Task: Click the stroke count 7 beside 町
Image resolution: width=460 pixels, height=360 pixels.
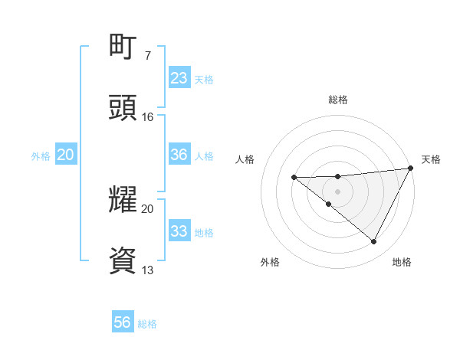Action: (148, 56)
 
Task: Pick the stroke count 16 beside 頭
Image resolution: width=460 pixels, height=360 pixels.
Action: (148, 117)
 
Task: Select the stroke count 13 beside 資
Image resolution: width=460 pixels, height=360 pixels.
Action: (148, 270)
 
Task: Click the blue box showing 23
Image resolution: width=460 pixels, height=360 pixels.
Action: (179, 78)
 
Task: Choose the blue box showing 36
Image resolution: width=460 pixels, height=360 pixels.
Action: (179, 155)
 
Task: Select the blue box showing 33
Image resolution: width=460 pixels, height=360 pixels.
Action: (179, 231)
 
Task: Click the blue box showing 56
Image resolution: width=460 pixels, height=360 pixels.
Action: (123, 322)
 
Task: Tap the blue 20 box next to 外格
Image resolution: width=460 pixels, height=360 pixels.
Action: (65, 155)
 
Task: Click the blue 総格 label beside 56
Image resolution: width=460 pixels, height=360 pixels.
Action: (147, 324)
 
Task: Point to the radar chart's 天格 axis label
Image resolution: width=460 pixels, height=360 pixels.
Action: (431, 159)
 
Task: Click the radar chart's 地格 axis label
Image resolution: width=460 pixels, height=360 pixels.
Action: (402, 262)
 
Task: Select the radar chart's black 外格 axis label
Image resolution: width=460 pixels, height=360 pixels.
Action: (270, 262)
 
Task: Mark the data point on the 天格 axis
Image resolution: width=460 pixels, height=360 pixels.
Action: (410, 169)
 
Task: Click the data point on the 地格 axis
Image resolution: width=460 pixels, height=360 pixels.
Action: (374, 242)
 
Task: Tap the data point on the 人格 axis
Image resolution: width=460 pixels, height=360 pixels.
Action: (294, 178)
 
